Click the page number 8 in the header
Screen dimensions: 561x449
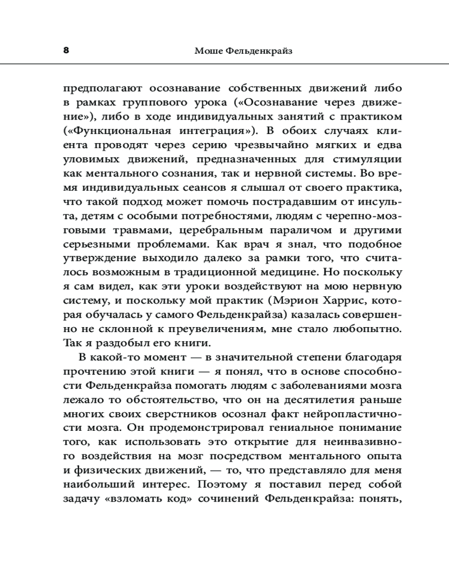click(x=66, y=50)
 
